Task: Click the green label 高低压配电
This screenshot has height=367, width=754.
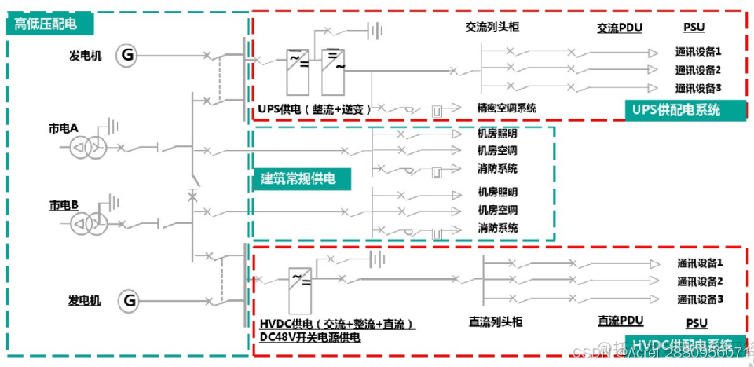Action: coord(46,24)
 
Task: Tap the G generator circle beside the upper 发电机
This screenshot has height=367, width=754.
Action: coord(127,55)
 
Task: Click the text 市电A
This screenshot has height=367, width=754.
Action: coord(64,127)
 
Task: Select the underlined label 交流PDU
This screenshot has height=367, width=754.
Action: coord(620,28)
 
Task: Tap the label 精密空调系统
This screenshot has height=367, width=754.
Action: coord(507,108)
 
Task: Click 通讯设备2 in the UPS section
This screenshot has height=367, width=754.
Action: coord(698,69)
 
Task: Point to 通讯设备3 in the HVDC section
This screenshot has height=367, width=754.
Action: coord(700,299)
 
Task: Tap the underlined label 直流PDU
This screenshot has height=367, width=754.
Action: coord(620,321)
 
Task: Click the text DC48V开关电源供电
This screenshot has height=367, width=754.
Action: coord(310,337)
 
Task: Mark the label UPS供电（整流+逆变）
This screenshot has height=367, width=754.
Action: coord(314,108)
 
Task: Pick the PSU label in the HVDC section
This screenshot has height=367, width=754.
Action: coord(697,323)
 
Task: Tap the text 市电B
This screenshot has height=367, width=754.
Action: coord(64,205)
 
